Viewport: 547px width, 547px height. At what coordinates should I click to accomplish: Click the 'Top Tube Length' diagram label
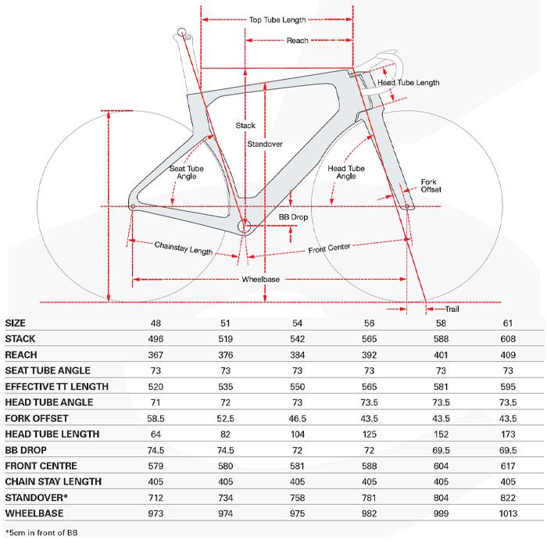pos(277,20)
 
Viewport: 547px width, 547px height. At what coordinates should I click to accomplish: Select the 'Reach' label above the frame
pos(298,41)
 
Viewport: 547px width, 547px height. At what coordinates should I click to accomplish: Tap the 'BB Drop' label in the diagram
pos(293,217)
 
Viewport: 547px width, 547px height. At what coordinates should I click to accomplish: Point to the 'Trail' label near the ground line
pos(452,309)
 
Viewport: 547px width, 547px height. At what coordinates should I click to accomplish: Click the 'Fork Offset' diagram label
pos(431,186)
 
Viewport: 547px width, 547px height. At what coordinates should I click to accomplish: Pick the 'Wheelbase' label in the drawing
pos(261,280)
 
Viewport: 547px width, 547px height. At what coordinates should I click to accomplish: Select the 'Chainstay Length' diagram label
pos(184,248)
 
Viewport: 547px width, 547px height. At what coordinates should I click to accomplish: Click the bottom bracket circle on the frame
pos(244,227)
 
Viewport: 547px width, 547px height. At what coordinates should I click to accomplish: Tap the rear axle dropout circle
pos(133,207)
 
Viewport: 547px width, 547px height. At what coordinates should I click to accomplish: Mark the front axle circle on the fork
pos(407,207)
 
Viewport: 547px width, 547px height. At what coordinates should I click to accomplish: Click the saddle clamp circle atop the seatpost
pos(181,33)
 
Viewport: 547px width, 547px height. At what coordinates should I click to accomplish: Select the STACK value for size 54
pos(297,339)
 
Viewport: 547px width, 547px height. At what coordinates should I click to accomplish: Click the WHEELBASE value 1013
pos(508,513)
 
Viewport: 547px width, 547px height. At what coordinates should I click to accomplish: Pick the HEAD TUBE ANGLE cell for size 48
pos(156,402)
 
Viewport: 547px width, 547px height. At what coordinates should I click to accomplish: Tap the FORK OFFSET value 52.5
pos(225,419)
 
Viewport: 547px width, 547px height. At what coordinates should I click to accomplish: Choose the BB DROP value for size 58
pos(441,450)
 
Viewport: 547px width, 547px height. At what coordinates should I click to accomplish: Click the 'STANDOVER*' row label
pos(36,498)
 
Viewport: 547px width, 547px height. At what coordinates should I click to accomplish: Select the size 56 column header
pos(369,324)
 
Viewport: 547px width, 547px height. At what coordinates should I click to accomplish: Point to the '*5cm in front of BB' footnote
pos(41,533)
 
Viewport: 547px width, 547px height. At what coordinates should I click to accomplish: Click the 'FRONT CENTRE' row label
pos(41,466)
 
